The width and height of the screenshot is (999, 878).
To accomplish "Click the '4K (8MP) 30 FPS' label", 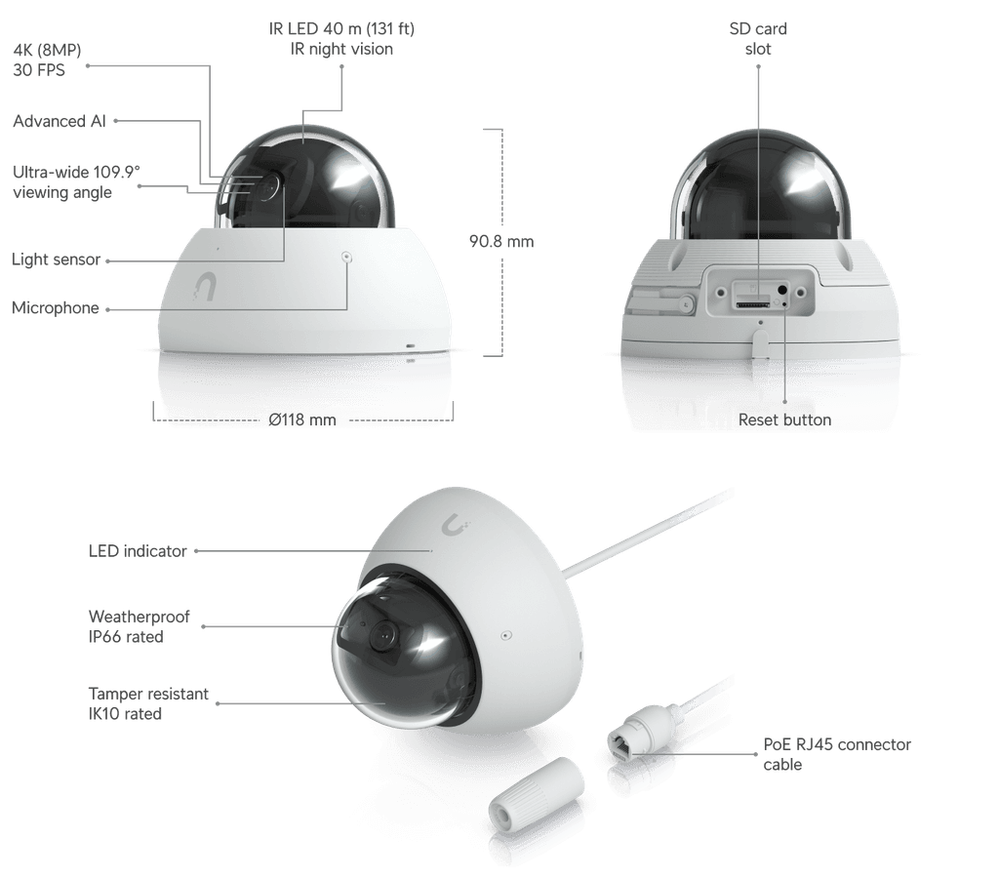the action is pos(47,60).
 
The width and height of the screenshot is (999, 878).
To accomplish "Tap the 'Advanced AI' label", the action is pos(60,121).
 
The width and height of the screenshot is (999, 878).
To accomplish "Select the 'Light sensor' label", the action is pos(56,259).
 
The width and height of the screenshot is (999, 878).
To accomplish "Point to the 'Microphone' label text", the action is pos(56,307).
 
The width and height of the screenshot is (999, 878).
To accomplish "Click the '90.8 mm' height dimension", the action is pos(501,242).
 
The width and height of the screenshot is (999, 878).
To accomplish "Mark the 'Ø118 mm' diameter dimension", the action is pos(302,419).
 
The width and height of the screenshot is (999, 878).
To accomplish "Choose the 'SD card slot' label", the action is pos(758,39).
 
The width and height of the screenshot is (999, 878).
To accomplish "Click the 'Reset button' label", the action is pos(785,419).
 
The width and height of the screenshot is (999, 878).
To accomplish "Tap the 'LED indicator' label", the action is pos(138,551).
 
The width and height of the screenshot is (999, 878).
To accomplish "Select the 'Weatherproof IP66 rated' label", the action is pos(139,626).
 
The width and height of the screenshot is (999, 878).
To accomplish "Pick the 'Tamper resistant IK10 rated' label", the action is pos(148,703).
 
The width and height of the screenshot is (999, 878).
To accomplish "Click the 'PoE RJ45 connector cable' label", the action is pos(837,754).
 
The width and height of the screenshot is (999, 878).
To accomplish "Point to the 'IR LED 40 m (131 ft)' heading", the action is pos(341,28).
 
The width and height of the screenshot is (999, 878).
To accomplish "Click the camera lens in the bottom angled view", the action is pos(384,633).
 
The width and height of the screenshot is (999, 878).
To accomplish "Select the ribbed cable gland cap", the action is pos(536,792).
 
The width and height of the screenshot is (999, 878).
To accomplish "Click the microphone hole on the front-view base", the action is pos(346,258).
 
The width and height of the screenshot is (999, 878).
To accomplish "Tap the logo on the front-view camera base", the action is pos(205,287).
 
